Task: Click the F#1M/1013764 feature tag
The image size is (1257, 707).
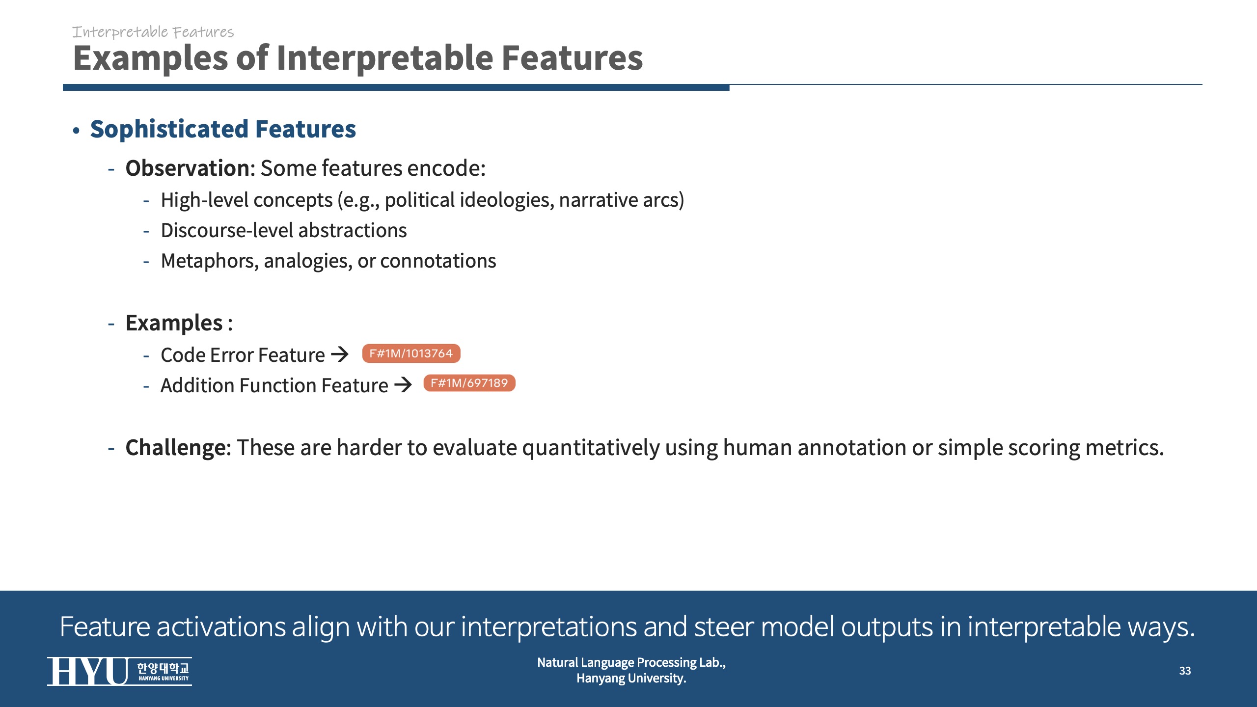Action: [x=411, y=353]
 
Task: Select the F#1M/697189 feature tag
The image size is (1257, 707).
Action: [x=469, y=383]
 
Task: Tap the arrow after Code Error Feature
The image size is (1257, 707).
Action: [x=340, y=354]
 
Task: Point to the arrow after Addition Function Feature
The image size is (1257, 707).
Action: [x=403, y=384]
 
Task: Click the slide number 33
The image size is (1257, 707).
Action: [x=1185, y=671]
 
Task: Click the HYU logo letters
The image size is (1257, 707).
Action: [x=88, y=671]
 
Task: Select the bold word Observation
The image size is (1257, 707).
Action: [x=188, y=168]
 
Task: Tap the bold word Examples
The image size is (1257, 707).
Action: [x=174, y=323]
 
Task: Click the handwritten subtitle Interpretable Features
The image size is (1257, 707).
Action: [x=153, y=32]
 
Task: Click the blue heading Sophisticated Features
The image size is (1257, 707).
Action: [x=223, y=129]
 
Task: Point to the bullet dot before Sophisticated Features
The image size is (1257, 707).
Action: [x=76, y=131]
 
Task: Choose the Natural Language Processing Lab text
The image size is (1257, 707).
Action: [x=631, y=662]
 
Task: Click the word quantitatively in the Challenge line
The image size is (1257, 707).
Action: [x=591, y=448]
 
